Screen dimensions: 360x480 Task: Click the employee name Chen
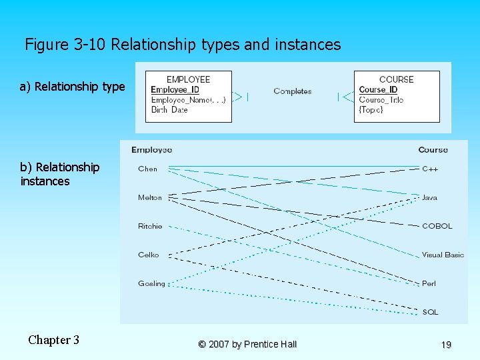pos(148,169)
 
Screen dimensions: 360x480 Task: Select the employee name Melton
pos(150,197)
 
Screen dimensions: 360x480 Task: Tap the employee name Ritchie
pos(150,226)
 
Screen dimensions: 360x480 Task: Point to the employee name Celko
pos(149,255)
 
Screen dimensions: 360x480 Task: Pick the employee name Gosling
pos(151,283)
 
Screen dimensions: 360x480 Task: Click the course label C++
pos(430,169)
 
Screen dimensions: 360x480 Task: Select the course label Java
pos(429,197)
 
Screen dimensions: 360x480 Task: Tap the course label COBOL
pos(437,226)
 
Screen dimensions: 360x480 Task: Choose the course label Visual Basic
pos(443,255)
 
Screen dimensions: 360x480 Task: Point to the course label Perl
pos(429,283)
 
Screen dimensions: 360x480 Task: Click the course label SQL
pos(430,312)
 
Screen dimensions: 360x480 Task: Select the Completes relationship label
pos(293,91)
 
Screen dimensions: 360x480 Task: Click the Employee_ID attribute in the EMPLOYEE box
pos(175,90)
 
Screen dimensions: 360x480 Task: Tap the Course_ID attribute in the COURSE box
pos(378,90)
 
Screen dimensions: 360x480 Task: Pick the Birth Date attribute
pos(169,110)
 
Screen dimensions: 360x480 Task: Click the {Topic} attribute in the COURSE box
pos(371,110)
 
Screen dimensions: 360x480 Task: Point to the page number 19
pos(446,345)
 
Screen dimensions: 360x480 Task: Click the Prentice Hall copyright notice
pos(247,344)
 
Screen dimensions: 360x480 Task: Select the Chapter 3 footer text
pos(53,340)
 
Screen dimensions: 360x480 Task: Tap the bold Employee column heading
pos(152,149)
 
